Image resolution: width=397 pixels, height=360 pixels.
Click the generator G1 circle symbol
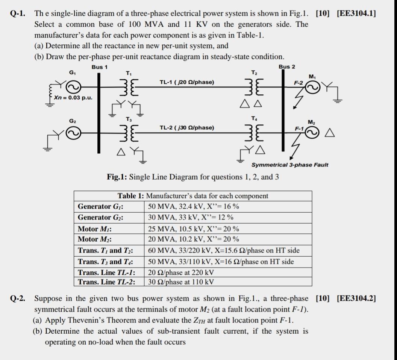73,87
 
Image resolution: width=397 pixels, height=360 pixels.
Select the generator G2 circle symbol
73,133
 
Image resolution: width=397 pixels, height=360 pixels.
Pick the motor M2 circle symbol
312,132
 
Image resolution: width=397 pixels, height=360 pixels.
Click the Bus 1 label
99,67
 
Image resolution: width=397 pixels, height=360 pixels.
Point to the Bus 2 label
287,67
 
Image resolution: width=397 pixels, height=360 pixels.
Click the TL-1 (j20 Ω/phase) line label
186,82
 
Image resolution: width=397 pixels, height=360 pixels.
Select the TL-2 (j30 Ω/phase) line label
186,128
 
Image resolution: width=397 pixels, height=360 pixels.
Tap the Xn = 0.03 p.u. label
73,98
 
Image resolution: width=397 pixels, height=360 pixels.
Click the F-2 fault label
298,83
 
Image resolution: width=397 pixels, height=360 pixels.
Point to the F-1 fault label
299,129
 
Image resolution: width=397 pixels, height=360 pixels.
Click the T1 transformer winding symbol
129,87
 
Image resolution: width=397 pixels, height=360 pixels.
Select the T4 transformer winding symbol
254,132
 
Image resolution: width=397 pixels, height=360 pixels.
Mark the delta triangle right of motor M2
329,133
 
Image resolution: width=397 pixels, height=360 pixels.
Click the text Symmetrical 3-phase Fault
289,165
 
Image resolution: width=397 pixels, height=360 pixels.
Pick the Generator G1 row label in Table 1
100,207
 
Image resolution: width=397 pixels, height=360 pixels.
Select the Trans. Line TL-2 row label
106,282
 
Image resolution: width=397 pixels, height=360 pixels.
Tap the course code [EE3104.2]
356,298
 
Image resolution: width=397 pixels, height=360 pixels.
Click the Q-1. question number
17,14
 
